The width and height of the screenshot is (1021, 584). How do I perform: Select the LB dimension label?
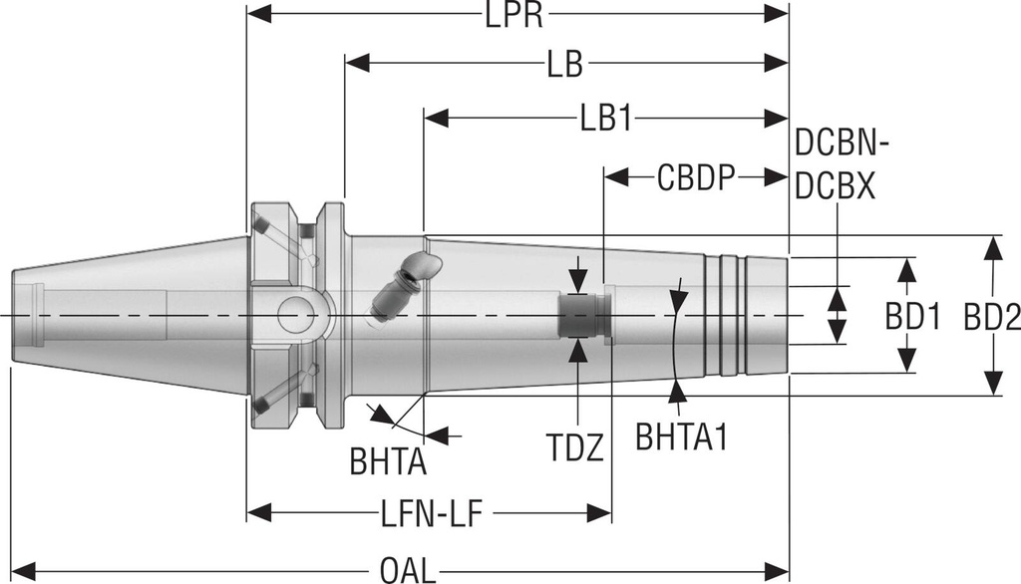coord(564,65)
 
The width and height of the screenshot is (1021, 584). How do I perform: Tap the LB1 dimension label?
coord(605,119)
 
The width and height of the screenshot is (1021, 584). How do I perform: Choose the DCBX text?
coord(836,185)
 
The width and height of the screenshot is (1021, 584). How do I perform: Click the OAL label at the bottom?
coord(407,571)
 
